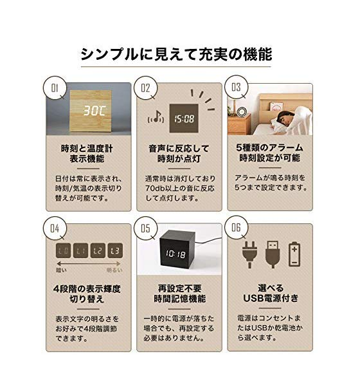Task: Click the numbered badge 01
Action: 55,88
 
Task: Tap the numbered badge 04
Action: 55,229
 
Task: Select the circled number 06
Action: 236,227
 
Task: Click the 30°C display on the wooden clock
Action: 94,110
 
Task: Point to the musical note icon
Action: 156,117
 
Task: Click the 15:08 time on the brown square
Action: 184,118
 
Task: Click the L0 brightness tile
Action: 63,250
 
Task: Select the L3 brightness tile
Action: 115,250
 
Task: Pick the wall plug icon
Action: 249,254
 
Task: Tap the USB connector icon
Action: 273,254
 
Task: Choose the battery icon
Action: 294,254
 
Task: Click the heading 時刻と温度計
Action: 87,149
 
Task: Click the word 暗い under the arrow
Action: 61,270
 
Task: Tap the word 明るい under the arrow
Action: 114,270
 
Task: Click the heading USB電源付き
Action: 271,298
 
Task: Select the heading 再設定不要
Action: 179,288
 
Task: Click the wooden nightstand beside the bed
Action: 239,124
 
